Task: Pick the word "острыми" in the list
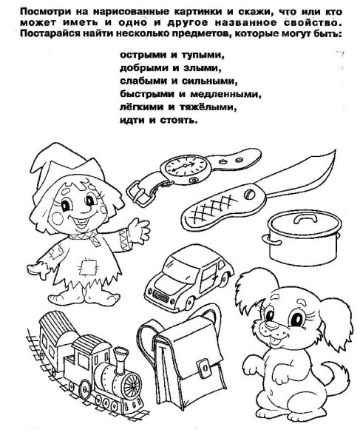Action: point(140,55)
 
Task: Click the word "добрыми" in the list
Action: point(141,67)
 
